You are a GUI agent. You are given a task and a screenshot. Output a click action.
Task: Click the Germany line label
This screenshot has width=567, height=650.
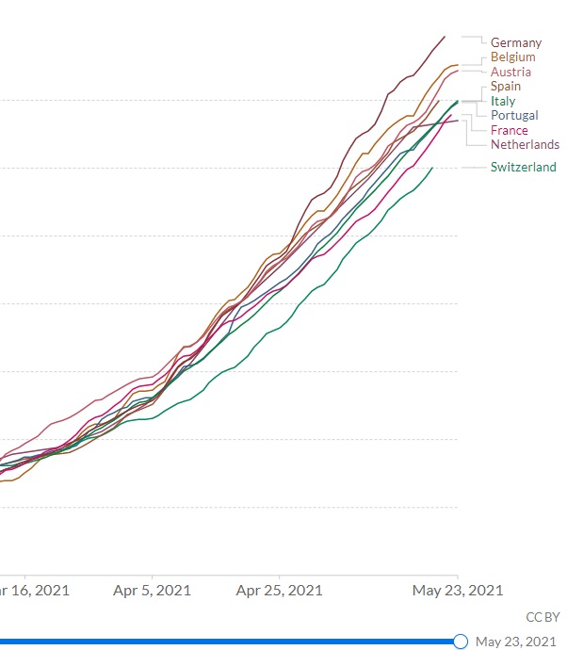[516, 42]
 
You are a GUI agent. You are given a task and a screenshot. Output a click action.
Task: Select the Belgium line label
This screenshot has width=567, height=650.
[513, 57]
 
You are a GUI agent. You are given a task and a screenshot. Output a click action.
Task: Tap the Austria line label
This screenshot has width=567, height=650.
[510, 72]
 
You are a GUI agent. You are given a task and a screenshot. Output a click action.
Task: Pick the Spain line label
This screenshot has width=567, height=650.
[506, 87]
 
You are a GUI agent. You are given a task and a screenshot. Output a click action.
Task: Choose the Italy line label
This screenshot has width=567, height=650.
[503, 101]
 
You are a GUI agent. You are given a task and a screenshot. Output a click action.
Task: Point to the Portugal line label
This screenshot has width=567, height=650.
[514, 115]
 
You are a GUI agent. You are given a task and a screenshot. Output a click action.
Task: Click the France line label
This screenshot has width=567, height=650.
[510, 130]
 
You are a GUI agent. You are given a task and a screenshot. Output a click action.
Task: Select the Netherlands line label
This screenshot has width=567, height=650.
[525, 144]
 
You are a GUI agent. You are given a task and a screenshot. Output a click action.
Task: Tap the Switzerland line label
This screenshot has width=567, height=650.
[523, 167]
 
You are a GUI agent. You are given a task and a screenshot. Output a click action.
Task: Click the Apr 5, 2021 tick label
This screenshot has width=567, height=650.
[152, 591]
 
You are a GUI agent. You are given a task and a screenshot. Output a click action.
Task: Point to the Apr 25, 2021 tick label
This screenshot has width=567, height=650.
[279, 591]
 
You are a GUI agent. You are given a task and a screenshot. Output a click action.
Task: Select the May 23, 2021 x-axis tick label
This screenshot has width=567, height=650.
[458, 591]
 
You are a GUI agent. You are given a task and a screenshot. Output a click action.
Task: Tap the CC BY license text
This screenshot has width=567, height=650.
[543, 617]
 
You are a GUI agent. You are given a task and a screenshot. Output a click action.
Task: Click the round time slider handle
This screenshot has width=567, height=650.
[461, 642]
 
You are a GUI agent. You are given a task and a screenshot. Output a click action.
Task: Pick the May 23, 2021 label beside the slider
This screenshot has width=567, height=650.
[517, 642]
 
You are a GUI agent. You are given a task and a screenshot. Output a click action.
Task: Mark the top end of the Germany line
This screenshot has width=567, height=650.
[445, 37]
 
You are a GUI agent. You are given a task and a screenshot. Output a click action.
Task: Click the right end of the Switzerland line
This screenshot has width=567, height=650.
[432, 168]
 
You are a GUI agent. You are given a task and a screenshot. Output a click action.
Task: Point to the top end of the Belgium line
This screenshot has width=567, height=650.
[457, 65]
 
